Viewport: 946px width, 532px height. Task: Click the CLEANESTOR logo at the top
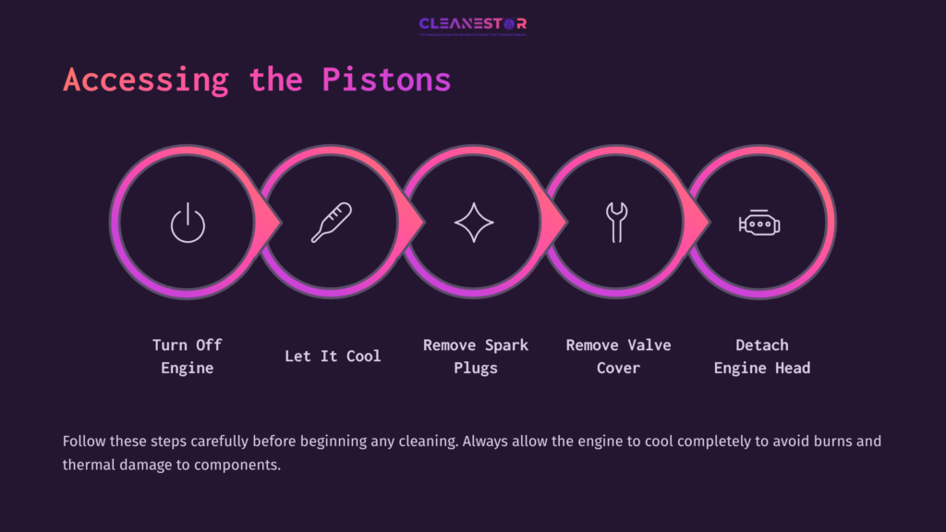tap(472, 25)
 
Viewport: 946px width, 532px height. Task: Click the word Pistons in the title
tap(386, 79)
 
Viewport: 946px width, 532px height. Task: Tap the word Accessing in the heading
tap(145, 79)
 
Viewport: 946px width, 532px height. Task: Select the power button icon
tap(188, 224)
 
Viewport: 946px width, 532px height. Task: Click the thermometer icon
tap(331, 223)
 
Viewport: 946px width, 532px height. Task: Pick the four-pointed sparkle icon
tap(474, 224)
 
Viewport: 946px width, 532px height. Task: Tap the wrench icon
tap(615, 223)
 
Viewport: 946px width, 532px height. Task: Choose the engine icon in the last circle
tap(759, 224)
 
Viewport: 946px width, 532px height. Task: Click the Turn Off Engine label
tap(188, 357)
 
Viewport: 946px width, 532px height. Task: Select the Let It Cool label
tap(333, 356)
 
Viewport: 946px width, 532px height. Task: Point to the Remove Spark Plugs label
tap(476, 357)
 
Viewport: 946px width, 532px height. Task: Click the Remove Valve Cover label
tap(618, 357)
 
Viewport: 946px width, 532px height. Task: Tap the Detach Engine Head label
tap(762, 357)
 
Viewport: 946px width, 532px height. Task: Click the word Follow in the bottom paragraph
tap(85, 441)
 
